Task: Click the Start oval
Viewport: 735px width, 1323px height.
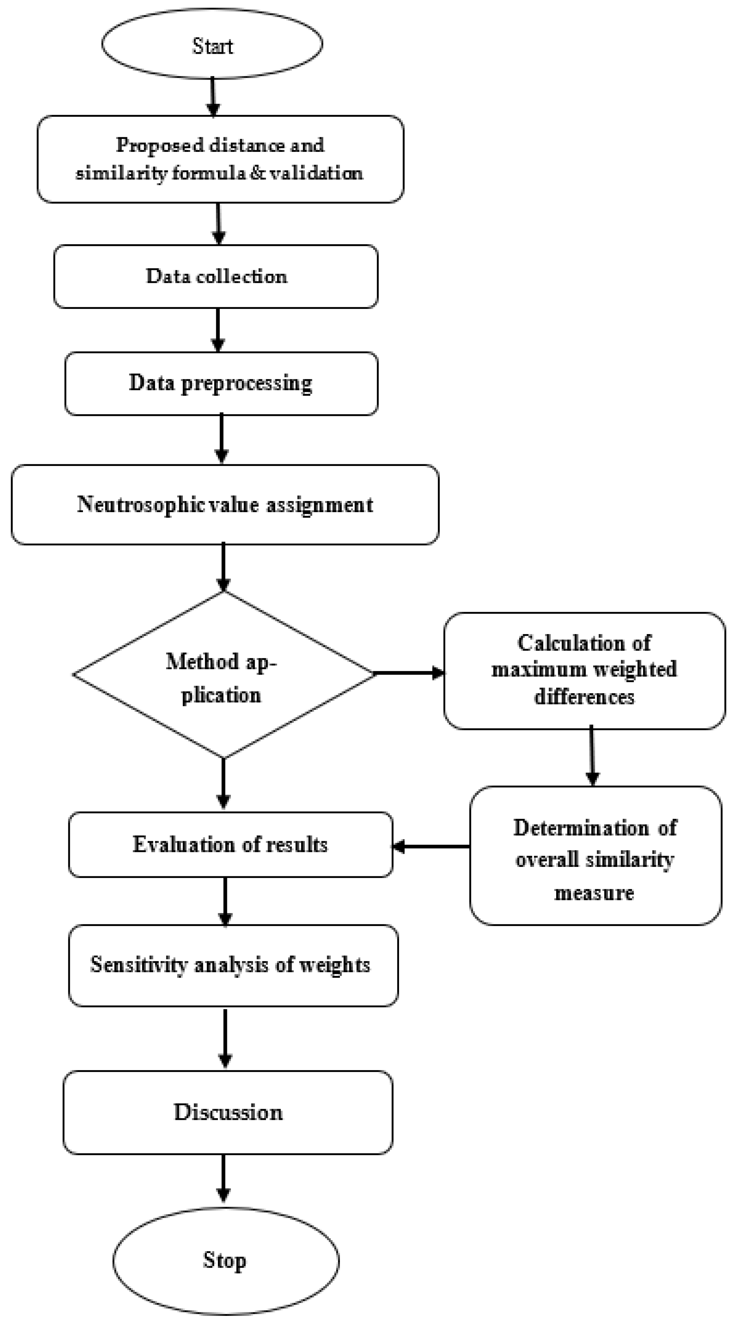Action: tap(212, 45)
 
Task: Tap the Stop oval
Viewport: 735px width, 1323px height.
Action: tap(225, 1260)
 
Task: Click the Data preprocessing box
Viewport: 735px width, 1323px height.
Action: tap(221, 384)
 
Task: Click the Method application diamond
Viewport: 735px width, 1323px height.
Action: tap(223, 675)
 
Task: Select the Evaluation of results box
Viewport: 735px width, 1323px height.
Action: tap(231, 845)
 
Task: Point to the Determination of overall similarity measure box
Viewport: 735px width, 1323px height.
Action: tap(595, 859)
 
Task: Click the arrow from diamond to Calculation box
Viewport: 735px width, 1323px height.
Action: tap(409, 673)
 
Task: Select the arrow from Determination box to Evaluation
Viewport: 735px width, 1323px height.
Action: tap(431, 846)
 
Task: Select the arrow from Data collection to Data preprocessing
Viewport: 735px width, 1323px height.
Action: tap(218, 330)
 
